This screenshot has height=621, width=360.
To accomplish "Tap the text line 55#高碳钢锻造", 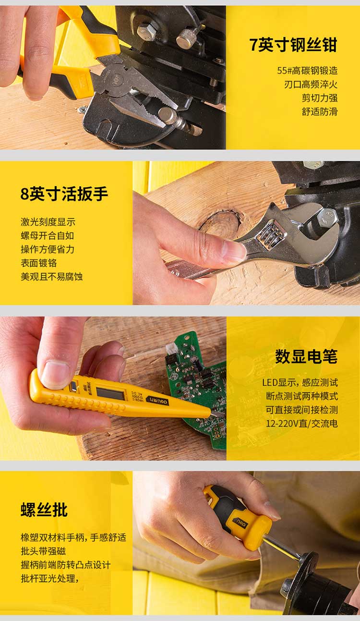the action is coord(307,71).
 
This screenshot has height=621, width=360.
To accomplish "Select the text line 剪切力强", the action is coord(320,98).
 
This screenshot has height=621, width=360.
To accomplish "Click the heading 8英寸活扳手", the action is coord(64,194).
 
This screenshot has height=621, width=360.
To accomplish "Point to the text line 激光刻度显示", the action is coord(48,222).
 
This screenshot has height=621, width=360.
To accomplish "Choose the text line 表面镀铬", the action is coord(39,263).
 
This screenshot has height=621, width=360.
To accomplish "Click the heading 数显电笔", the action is coord(306,356).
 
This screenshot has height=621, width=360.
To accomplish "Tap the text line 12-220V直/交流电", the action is coord(302,423).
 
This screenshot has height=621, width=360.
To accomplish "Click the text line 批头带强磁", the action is coord(43,551).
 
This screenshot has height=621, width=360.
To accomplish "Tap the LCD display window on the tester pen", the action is coord(110,394).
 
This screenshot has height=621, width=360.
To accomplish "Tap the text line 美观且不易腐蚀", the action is coord(51,277).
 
